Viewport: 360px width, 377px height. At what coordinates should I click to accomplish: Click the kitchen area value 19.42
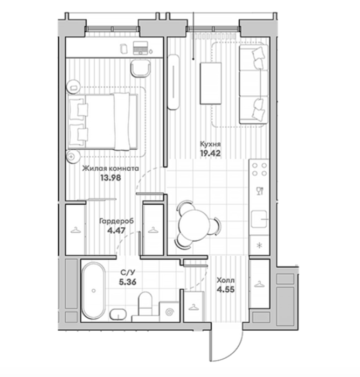pos(210,153)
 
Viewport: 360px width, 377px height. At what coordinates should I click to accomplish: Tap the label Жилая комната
pos(110,168)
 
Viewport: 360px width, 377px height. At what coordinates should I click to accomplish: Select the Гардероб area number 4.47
pos(116,231)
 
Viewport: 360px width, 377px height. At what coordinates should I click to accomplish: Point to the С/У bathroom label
pos(128,273)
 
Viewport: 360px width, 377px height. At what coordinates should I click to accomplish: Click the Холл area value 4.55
pos(225,289)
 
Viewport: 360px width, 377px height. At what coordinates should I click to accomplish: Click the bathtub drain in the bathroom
pos(94,291)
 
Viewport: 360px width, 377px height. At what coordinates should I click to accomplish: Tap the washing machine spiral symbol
pos(170,312)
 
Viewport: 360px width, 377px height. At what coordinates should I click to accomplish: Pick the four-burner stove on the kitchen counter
pos(259,169)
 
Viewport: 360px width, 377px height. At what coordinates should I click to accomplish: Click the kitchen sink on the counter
pos(259,219)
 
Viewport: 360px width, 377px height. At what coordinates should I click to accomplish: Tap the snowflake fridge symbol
pos(259,246)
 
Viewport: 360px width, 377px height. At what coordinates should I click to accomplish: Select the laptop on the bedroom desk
pos(140,48)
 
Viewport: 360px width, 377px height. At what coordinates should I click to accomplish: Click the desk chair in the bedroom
pos(141,68)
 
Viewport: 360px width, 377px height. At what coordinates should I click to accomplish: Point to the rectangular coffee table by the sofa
pos(211,83)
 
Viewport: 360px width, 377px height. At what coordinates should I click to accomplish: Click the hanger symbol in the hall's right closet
pos(259,284)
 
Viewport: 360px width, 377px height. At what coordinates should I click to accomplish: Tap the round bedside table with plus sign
pos(73,157)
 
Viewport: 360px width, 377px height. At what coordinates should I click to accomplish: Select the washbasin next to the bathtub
pos(118,314)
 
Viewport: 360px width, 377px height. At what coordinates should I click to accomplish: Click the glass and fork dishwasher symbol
pos(260,191)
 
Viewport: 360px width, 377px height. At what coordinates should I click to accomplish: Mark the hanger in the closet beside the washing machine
pos(193,307)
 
